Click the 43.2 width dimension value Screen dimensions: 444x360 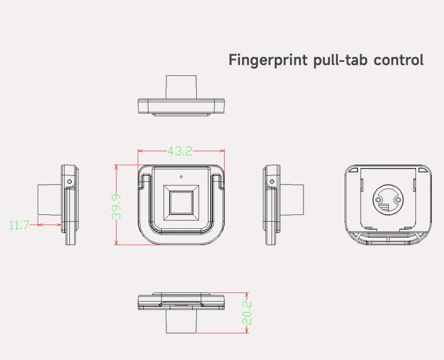(x=180, y=151)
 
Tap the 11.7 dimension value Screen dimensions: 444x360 (x=19, y=225)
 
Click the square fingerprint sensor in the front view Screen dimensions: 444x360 (x=181, y=202)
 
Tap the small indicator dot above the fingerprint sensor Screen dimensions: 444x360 (x=181, y=177)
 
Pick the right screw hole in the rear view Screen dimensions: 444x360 (x=398, y=199)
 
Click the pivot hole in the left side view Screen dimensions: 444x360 (x=69, y=182)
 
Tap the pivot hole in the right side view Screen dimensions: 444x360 (x=272, y=182)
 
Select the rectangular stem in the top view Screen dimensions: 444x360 (x=181, y=87)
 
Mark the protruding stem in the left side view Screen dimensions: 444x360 (x=49, y=200)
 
